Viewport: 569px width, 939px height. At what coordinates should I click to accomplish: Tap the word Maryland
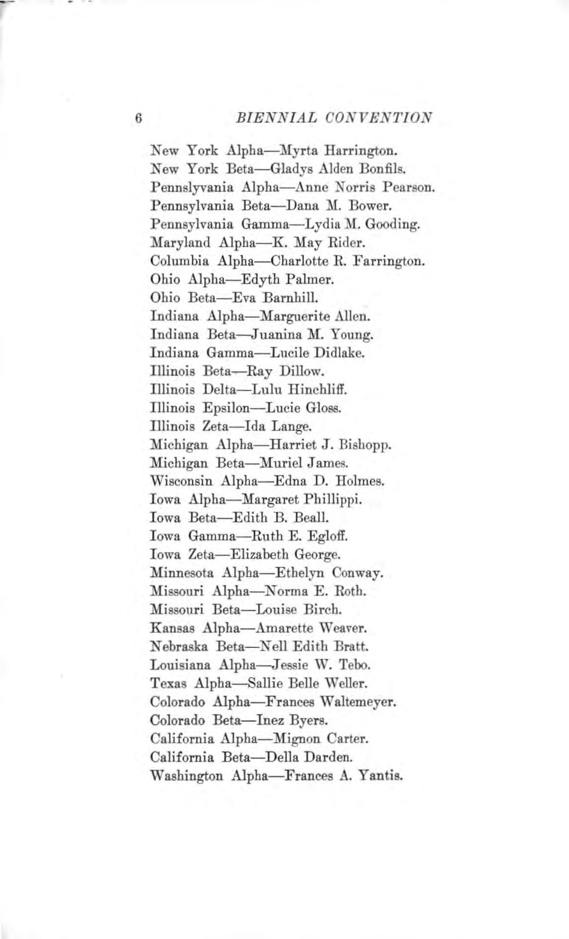click(x=179, y=242)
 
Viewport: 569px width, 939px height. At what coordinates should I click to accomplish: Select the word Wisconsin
click(x=181, y=481)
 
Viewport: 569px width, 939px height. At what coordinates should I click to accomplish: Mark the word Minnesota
click(x=181, y=573)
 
